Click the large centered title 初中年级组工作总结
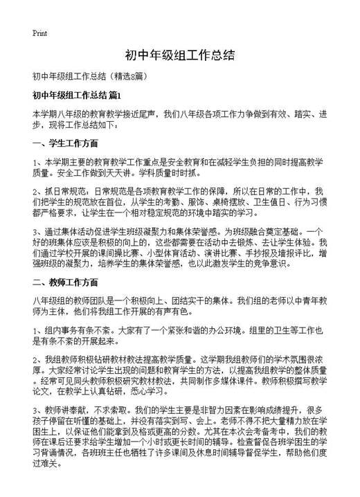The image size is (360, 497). click(x=180, y=55)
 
